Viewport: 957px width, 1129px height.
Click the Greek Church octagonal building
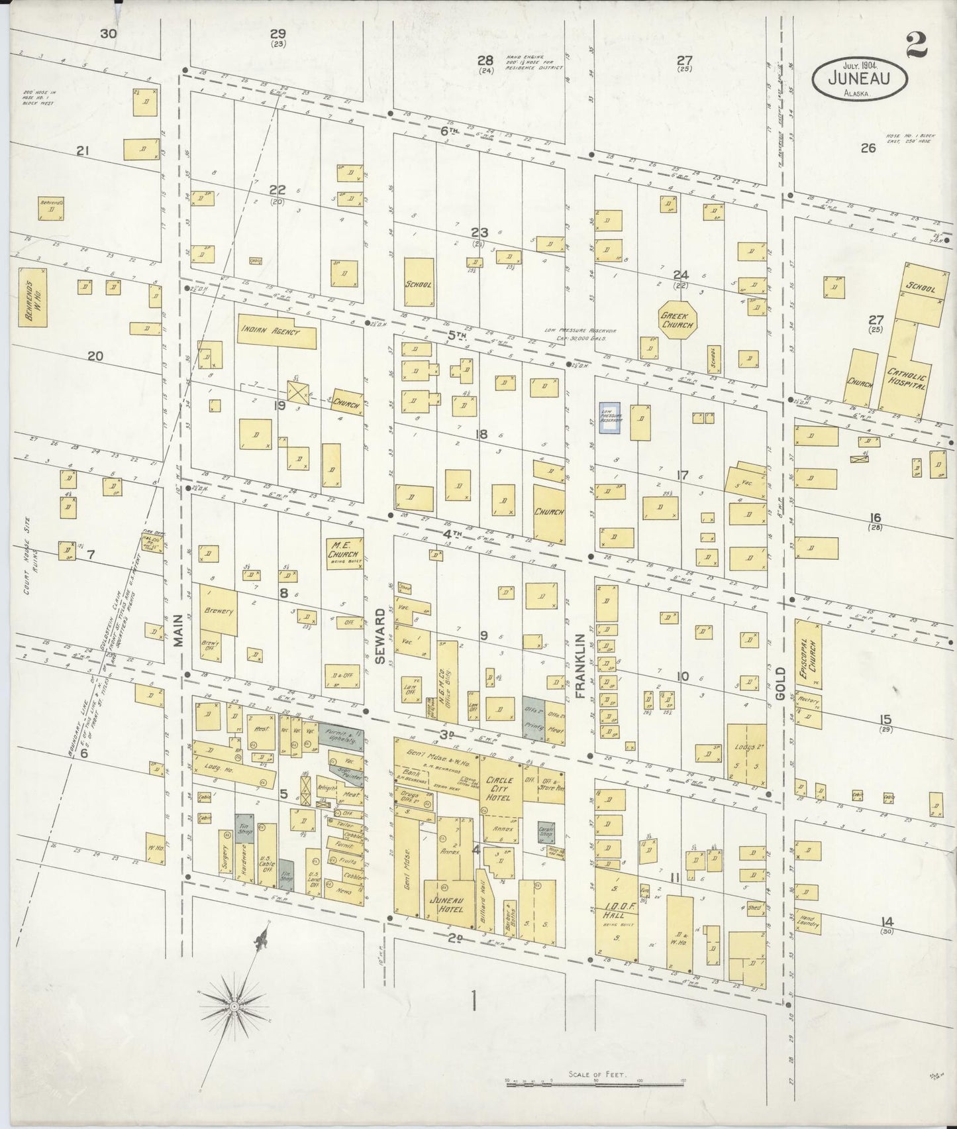pos(676,321)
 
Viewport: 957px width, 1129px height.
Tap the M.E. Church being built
pos(344,553)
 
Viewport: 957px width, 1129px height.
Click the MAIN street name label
pos(177,637)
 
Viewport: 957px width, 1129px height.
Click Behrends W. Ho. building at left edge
pos(32,297)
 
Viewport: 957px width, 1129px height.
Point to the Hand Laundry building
pos(809,921)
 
